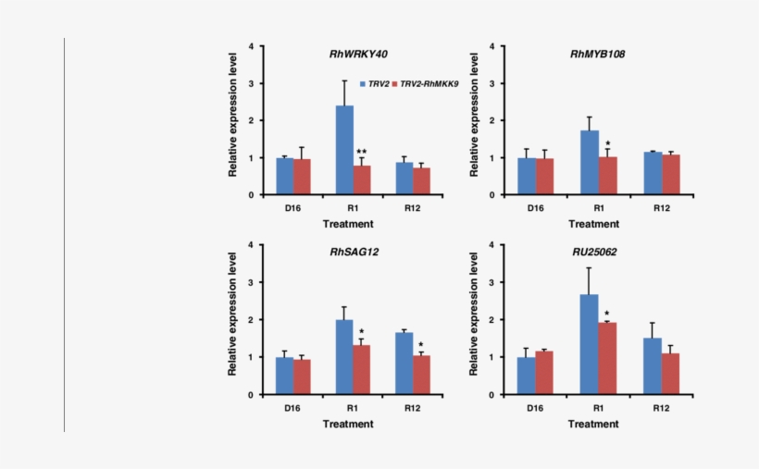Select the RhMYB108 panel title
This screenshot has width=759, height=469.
coord(597,55)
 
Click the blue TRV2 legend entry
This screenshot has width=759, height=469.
coord(375,83)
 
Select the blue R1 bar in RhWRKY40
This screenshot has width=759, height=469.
coord(343,150)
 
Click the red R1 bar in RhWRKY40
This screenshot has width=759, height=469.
coord(362,180)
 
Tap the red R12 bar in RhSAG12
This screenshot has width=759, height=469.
coord(421,375)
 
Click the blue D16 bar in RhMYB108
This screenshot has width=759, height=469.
coord(527,176)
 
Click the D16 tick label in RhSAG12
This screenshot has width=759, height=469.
coord(293,408)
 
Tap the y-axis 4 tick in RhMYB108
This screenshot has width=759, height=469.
coord(501,46)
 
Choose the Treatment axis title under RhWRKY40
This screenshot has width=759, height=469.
coord(348,224)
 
